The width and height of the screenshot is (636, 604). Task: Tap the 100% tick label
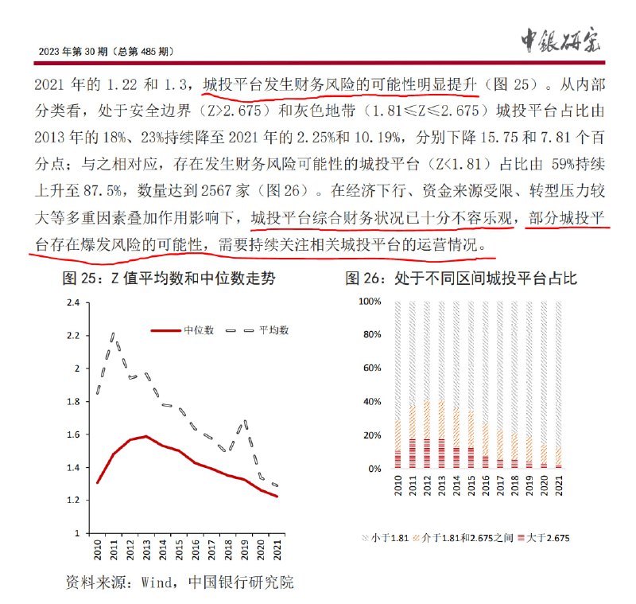point(370,302)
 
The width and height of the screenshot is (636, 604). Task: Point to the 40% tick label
point(373,403)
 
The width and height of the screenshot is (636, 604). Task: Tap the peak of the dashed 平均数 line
point(114,336)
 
